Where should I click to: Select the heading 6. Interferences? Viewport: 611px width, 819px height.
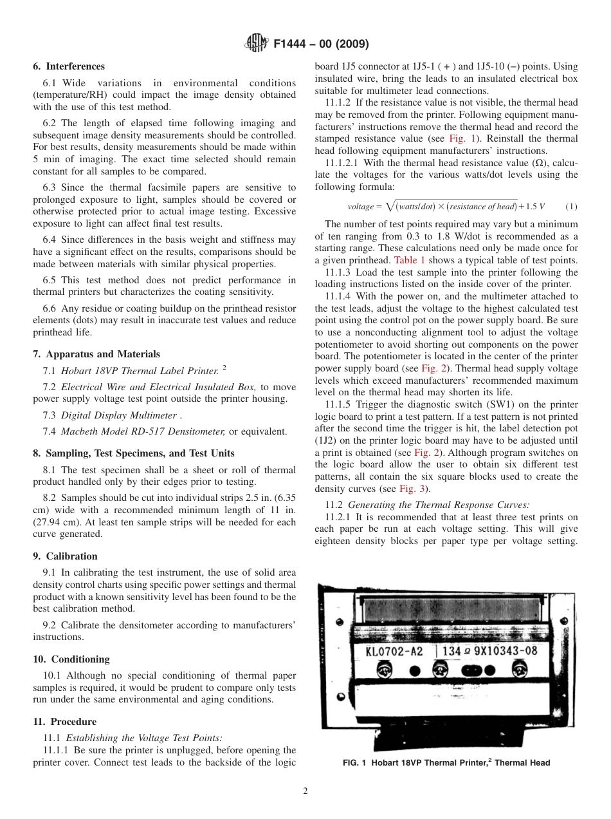click(69, 66)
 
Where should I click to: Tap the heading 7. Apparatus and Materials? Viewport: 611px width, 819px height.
click(96, 354)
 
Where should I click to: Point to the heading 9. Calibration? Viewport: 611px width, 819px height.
click(65, 556)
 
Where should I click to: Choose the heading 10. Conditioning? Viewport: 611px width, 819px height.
click(71, 659)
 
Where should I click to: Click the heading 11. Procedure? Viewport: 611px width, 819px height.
click(64, 722)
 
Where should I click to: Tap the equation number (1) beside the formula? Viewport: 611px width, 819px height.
click(571, 206)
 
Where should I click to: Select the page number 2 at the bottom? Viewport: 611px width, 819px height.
click(305, 791)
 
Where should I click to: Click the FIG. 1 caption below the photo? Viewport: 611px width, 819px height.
click(446, 763)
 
